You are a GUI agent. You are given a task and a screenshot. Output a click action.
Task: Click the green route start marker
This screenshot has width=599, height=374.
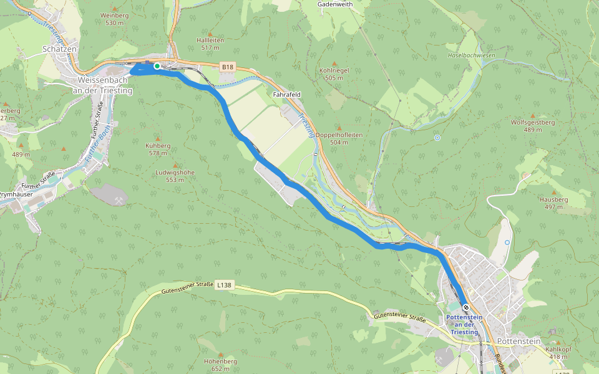tap(157, 65)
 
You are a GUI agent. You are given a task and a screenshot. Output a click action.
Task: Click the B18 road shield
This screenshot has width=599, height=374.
tap(228, 66)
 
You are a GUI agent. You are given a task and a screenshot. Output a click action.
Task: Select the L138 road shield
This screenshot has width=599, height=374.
tap(224, 285)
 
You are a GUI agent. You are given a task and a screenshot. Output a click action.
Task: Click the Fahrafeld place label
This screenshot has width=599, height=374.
tap(287, 94)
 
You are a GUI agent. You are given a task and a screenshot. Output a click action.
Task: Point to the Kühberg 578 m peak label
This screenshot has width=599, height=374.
tap(157, 149)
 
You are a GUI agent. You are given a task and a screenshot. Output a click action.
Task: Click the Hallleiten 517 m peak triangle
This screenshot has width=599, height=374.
tap(210, 34)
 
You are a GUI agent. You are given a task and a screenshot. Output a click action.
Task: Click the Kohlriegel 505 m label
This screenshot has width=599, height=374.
tap(334, 74)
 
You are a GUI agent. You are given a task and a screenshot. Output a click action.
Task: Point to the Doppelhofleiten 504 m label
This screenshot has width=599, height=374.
tap(339, 138)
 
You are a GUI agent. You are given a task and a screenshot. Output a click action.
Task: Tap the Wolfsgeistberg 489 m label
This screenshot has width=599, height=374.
tap(532, 126)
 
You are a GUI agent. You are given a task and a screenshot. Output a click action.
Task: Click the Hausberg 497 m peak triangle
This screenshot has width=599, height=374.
tap(553, 193)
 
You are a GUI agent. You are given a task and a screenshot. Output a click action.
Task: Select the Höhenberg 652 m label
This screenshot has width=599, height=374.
tap(220, 365)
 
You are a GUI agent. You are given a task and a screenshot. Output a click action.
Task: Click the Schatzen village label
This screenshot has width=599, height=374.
tap(59, 48)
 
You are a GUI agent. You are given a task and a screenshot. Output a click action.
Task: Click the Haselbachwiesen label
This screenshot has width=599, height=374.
tap(471, 55)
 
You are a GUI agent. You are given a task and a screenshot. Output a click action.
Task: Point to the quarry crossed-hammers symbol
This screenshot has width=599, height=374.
tap(119, 200)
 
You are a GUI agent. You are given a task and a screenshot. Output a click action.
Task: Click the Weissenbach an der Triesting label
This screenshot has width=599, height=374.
tap(103, 85)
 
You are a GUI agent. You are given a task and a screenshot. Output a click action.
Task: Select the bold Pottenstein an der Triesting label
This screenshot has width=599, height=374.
tap(465, 325)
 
